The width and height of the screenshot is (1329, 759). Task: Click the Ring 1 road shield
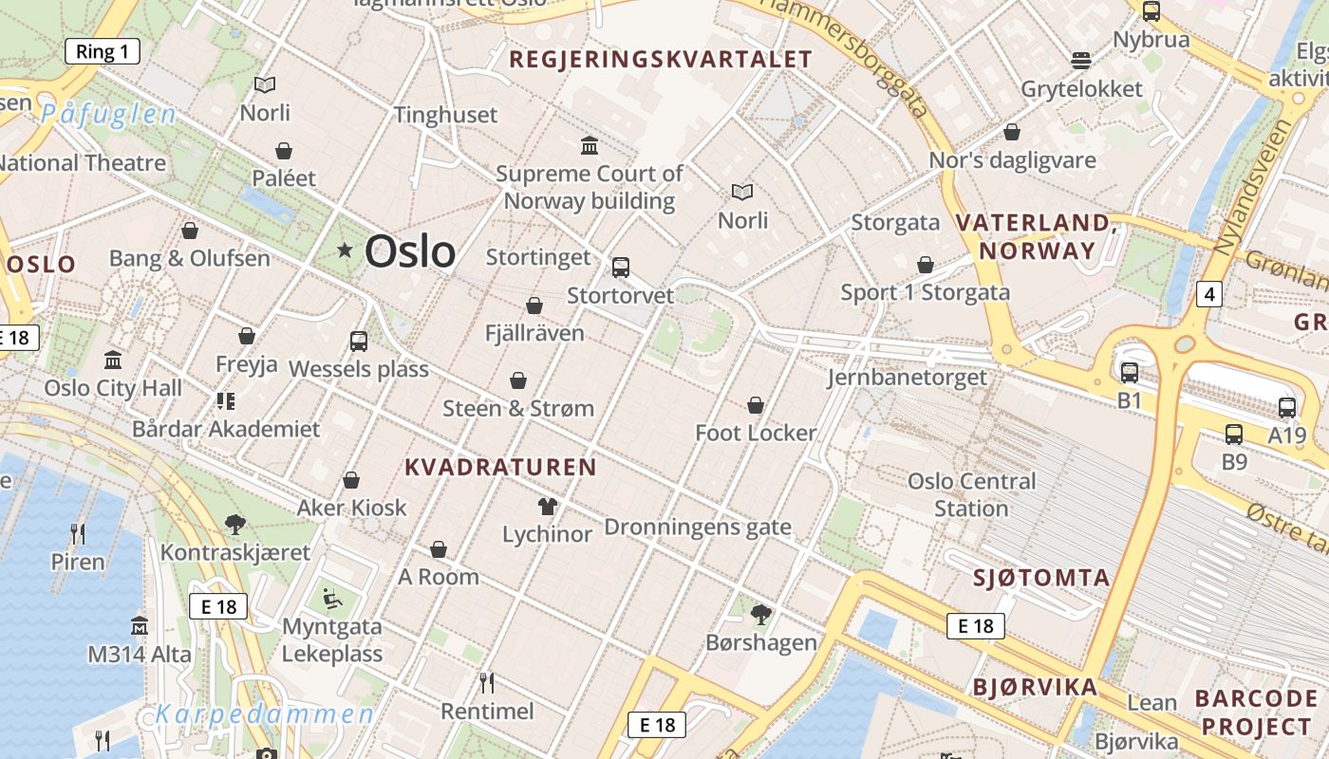[x=103, y=51]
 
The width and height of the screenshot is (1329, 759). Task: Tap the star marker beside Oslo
[x=345, y=250]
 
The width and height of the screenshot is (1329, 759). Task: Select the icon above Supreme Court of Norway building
[x=590, y=145]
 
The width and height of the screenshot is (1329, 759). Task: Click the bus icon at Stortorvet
[x=621, y=268]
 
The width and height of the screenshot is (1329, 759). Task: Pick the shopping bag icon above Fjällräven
[x=534, y=305]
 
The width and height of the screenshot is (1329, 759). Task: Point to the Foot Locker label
[x=756, y=433]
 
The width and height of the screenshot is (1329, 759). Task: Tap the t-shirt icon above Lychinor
[x=547, y=506]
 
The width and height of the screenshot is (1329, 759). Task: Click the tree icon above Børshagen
[x=760, y=615]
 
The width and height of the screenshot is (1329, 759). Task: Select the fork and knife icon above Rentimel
[x=487, y=683]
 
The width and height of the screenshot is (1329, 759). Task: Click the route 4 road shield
[x=1208, y=294]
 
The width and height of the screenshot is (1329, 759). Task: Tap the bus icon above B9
[x=1233, y=435]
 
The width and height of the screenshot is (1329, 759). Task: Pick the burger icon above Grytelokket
[x=1081, y=61]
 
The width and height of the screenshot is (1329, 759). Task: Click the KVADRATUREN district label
[x=500, y=467]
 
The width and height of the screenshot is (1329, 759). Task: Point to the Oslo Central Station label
[x=971, y=494]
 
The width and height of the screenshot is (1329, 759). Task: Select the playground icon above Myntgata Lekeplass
[x=331, y=598]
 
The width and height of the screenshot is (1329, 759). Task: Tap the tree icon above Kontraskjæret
[x=234, y=524]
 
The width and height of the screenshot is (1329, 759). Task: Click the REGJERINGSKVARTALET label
[x=661, y=60]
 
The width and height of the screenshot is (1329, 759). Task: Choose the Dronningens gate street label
[x=698, y=527]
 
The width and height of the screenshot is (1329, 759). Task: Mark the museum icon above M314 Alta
[x=140, y=626]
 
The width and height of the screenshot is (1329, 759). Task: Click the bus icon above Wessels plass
[x=359, y=342]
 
